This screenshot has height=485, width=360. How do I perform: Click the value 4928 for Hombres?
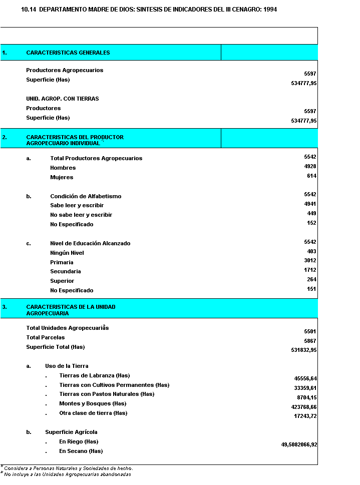click(x=310, y=166)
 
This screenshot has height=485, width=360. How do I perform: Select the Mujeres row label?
click(x=62, y=177)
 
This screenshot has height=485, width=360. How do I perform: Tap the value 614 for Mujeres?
click(x=311, y=176)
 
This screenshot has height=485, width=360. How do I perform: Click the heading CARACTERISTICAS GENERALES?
click(x=68, y=53)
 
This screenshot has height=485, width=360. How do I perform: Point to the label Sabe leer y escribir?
click(x=77, y=205)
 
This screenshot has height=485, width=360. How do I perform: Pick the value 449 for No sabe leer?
click(x=311, y=213)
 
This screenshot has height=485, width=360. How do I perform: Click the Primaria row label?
click(x=62, y=262)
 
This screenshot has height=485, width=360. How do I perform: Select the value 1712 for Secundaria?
click(x=310, y=270)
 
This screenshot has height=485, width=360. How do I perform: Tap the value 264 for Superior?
click(x=311, y=279)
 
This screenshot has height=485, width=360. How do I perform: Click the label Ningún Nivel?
click(x=67, y=253)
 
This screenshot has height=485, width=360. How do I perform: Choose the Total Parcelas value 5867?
click(x=310, y=341)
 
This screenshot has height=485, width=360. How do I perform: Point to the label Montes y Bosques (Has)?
click(x=93, y=403)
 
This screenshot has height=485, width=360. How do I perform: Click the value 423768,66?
click(x=304, y=407)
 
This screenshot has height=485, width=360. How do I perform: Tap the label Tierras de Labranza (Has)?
click(x=95, y=375)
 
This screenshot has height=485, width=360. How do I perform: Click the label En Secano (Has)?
click(x=81, y=451)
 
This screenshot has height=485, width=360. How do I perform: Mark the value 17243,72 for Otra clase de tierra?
click(x=305, y=416)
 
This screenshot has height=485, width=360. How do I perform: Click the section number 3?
click(x=4, y=307)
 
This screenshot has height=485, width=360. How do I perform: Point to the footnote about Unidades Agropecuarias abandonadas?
click(x=68, y=474)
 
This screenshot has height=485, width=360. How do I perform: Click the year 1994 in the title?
click(x=270, y=10)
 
